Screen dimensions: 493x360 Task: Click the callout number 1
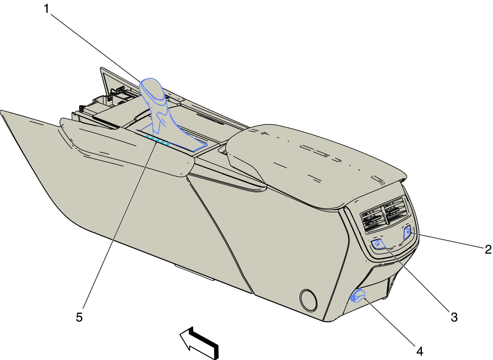pos(46,9)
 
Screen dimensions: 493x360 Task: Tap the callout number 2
pos(488,249)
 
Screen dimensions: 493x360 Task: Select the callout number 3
pos(454,317)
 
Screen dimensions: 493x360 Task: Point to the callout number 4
pos(420,351)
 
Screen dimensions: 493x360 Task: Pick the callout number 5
pos(79,317)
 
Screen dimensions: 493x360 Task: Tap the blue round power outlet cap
pos(358,296)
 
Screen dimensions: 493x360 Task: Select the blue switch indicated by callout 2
pos(407,232)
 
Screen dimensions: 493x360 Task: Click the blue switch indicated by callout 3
pos(378,244)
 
